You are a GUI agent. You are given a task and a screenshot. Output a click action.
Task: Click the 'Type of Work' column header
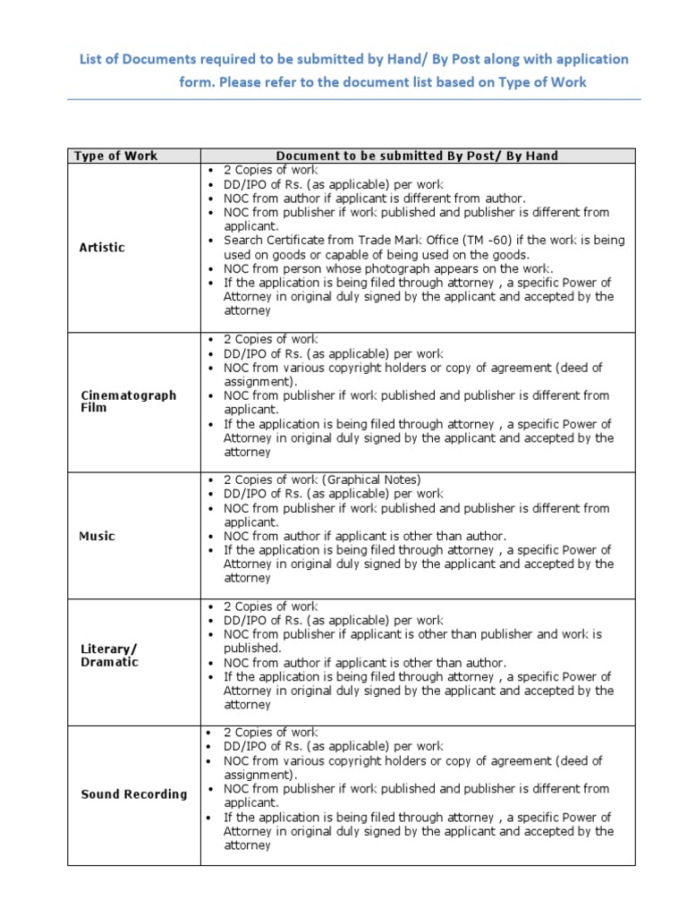(115, 156)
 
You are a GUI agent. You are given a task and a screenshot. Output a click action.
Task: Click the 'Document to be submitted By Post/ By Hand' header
(417, 156)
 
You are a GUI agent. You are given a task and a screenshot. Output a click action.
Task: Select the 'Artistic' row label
(102, 247)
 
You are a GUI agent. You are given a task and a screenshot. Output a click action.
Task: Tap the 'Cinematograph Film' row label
(116, 401)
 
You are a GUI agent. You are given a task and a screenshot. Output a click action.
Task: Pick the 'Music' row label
(98, 536)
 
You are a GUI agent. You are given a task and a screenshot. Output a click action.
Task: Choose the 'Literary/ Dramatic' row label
(109, 655)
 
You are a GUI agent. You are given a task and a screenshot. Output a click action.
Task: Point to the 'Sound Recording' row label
(134, 793)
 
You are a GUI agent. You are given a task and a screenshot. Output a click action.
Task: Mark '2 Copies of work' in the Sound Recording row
(270, 733)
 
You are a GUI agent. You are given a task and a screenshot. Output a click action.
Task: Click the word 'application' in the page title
(585, 59)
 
